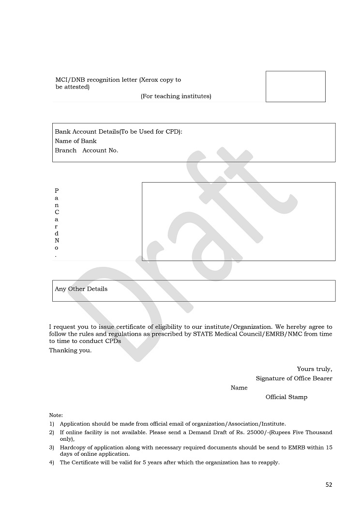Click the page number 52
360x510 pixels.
coord(329,485)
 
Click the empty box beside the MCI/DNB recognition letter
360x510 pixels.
coord(295,86)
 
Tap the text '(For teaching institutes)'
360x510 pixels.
coord(176,96)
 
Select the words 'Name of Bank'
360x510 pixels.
coord(75,141)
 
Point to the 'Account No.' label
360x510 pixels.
coord(100,150)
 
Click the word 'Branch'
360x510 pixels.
coord(65,150)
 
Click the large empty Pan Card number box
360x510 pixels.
coord(238,221)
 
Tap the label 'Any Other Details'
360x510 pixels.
coord(81,289)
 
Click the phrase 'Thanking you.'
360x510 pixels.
coord(70,350)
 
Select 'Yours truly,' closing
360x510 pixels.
coord(315,369)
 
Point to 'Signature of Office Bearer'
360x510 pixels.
coord(294,378)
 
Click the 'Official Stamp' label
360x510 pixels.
coord(286,397)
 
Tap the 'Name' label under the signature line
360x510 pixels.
coord(239,387)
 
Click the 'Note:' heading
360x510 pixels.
coord(56,415)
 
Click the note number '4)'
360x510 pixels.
coord(51,463)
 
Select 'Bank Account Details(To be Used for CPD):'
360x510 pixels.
coord(119,132)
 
